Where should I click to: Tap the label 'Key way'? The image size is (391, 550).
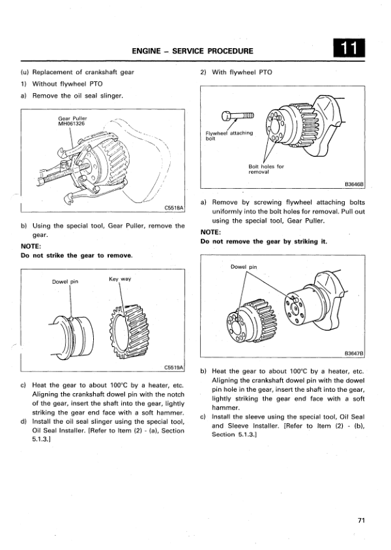[120, 279]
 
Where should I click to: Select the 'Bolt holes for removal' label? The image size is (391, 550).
[266, 169]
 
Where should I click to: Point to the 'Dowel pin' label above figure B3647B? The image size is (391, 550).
[244, 266]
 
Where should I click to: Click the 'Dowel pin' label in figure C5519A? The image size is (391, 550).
[65, 282]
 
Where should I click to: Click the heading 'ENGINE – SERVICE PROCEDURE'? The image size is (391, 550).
[192, 50]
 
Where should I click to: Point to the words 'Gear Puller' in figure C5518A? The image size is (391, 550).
[72, 118]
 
